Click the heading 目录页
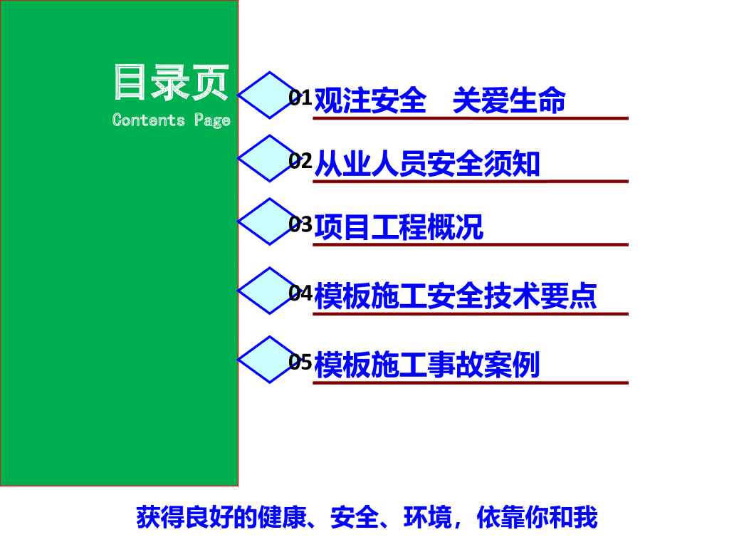pos(171,83)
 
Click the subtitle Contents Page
pos(171,120)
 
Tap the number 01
pos(300,98)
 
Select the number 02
pos(300,162)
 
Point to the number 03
pos(300,225)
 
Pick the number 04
pos(300,293)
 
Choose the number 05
pos(300,363)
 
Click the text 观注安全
pos(369,100)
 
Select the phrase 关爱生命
pos(509,100)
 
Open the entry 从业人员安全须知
pos(427,164)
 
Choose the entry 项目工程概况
pos(399,227)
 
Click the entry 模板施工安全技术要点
pos(456,296)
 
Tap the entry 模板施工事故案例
pos(427,365)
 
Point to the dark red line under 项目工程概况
pos(471,245)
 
